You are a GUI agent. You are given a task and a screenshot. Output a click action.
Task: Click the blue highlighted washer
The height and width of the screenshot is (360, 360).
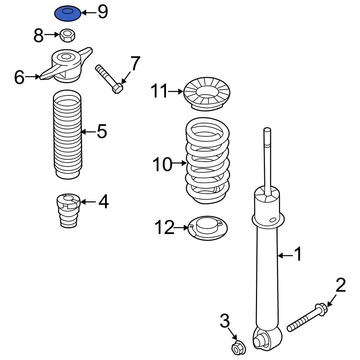click(68, 14)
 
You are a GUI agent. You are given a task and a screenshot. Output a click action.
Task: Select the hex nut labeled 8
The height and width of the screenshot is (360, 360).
click(68, 35)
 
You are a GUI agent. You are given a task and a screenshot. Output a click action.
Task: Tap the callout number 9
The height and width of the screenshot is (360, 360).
click(103, 12)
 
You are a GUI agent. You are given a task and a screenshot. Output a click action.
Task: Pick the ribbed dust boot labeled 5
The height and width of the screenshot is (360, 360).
click(67, 134)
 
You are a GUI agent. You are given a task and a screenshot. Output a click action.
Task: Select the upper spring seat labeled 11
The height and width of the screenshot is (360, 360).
click(207, 94)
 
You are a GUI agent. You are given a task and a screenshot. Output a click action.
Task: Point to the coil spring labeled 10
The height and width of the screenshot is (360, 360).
click(207, 161)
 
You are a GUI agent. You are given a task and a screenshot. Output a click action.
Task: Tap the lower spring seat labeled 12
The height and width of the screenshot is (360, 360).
click(208, 228)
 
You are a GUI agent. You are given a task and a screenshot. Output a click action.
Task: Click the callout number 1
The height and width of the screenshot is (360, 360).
click(298, 254)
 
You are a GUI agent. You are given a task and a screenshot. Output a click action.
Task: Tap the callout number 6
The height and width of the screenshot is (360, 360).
click(19, 77)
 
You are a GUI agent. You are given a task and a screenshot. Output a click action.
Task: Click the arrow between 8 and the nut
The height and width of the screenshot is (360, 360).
click(52, 35)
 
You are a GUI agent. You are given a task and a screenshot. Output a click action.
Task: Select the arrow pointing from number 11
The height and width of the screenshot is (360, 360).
click(176, 91)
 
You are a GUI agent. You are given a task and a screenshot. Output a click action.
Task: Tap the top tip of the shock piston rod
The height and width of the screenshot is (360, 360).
click(267, 129)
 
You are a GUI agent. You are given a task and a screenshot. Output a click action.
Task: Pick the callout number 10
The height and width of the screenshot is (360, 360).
click(162, 164)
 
